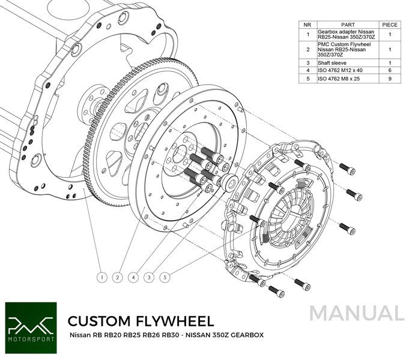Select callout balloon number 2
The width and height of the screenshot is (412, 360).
tap(118, 277)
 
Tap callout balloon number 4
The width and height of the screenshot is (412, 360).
tap(133, 277)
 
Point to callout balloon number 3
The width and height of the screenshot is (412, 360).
tap(149, 277)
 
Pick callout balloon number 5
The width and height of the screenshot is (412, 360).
tap(165, 277)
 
